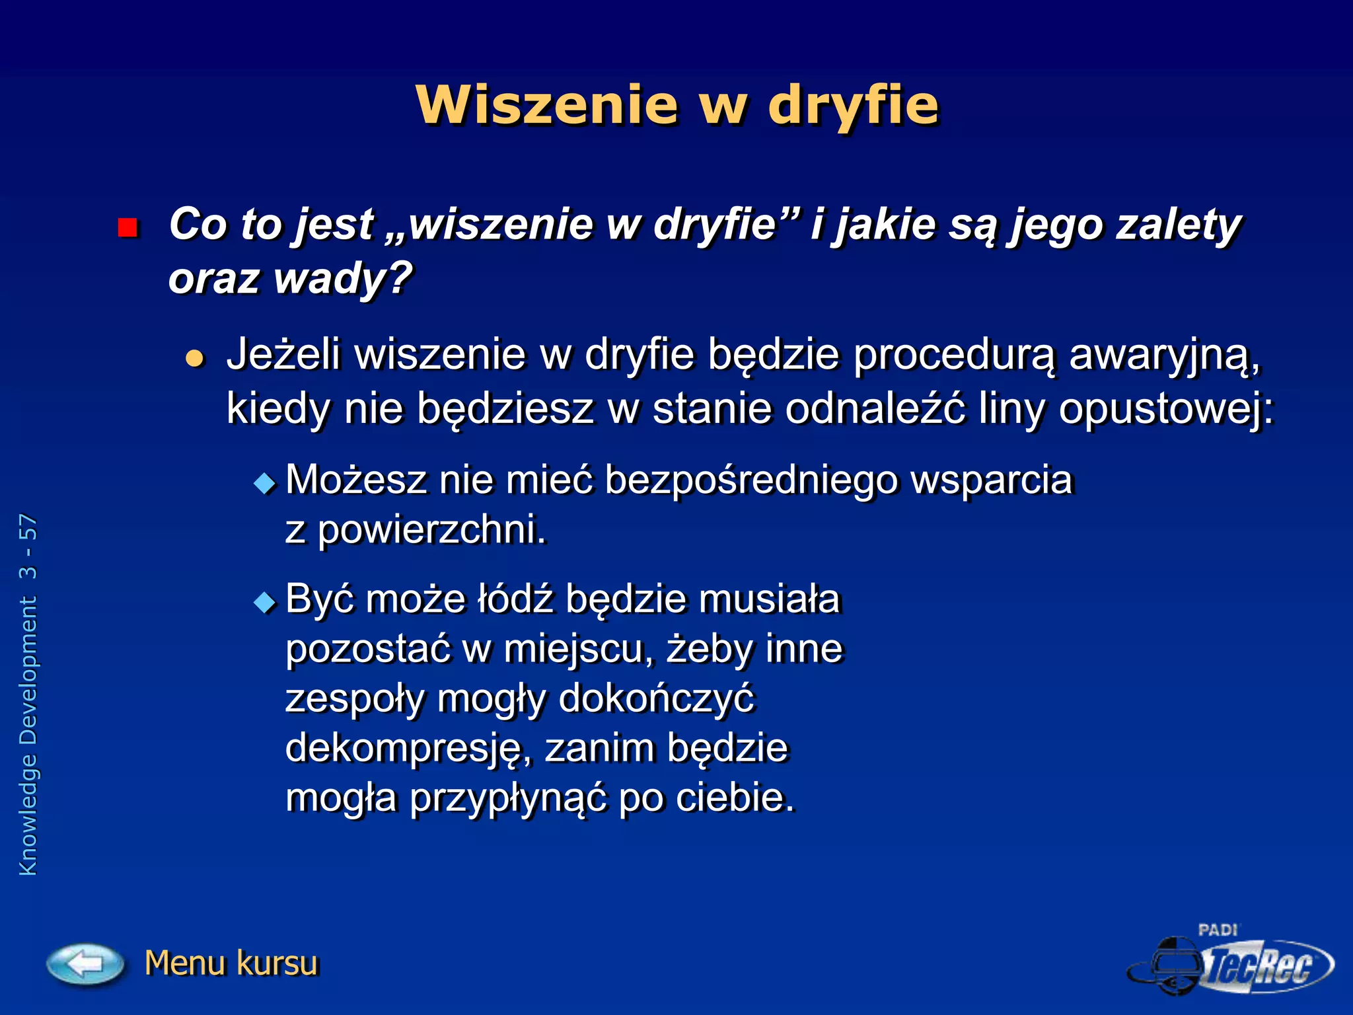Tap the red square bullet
[127, 228]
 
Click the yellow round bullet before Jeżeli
[194, 358]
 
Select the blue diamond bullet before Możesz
[265, 483]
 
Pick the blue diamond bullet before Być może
[265, 603]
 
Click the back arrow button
[85, 963]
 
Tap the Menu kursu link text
[231, 963]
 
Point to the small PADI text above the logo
[1218, 930]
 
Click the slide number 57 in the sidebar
[28, 528]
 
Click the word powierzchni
[432, 530]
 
